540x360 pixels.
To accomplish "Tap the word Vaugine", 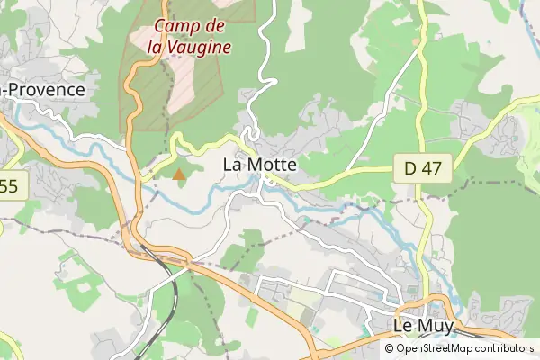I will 197,47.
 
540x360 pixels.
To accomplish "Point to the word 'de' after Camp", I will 214,27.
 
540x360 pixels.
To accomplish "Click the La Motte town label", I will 259,166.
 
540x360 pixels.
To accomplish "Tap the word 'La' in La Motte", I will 231,166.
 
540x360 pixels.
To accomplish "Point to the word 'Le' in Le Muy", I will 405,325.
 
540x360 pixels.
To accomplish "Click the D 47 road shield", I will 422,167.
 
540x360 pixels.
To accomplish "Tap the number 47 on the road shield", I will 433,167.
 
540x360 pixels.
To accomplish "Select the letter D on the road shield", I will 409,167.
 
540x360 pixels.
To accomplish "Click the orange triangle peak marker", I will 180,174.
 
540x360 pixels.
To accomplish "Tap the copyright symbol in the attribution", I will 389,348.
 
